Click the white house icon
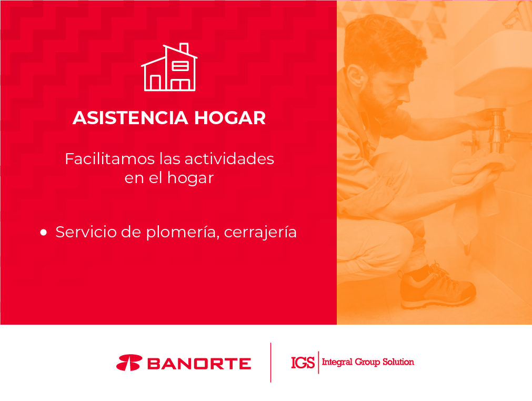(169, 67)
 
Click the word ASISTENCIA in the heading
(131, 118)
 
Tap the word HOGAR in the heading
(230, 118)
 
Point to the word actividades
(229, 159)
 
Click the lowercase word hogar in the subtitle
(190, 178)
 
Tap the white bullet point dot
(44, 233)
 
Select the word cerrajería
(260, 233)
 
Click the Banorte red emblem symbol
(129, 363)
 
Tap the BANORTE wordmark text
(199, 364)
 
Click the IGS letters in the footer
(303, 363)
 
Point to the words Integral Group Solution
(368, 362)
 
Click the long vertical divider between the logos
(271, 363)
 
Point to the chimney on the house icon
(184, 48)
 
